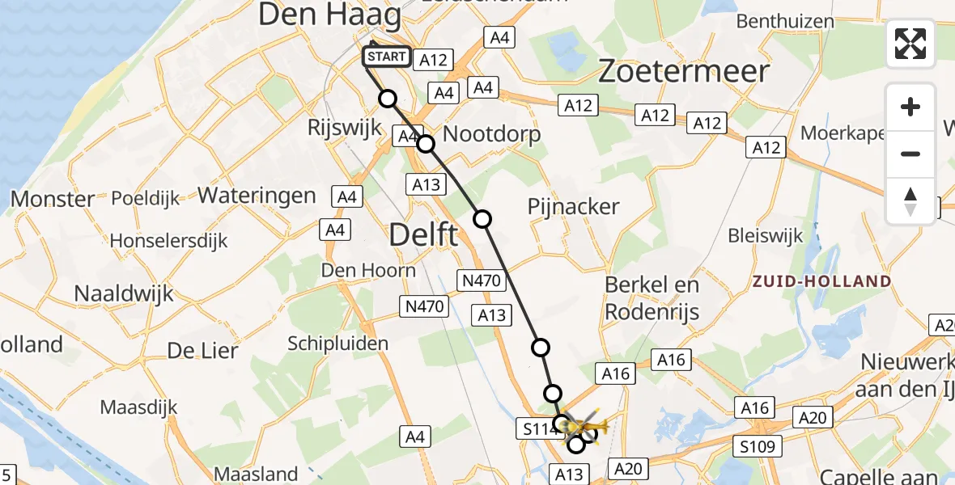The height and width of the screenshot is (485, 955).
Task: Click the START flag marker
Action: [387, 57]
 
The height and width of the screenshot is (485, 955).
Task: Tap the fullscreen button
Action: [910, 44]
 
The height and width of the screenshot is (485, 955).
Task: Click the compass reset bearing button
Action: [910, 201]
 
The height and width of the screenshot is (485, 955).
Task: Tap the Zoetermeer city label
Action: [683, 71]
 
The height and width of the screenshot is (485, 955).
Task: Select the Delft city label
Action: [423, 236]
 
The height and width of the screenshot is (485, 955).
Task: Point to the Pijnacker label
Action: [573, 207]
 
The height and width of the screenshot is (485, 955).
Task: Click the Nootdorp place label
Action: [491, 133]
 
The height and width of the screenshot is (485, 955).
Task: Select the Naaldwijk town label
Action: [124, 293]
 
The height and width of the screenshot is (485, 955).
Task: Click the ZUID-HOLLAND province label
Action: [821, 281]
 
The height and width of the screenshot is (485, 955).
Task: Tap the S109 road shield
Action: [757, 445]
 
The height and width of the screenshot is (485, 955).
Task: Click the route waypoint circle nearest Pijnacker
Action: [482, 218]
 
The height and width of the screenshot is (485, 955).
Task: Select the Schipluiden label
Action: [337, 344]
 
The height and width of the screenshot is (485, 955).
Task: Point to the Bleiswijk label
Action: [765, 236]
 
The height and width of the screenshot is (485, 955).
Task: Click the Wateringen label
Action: [257, 196]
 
